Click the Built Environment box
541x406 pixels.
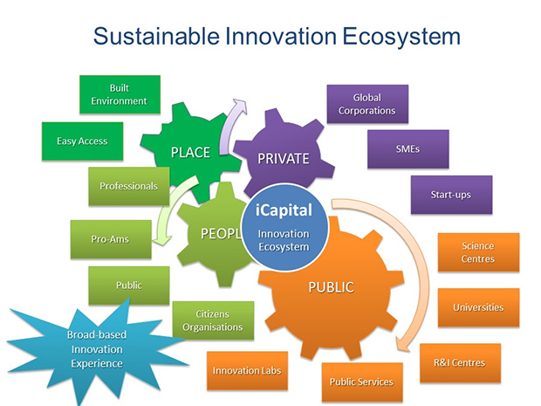tap(120, 94)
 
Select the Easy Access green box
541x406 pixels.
tap(82, 141)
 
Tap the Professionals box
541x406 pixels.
tap(128, 187)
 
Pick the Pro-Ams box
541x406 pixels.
tap(111, 239)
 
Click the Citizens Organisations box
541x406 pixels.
tap(213, 320)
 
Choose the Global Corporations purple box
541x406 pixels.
tap(367, 104)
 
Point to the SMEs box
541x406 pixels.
tap(408, 149)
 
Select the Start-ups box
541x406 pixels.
tap(451, 195)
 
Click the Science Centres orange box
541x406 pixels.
tap(478, 252)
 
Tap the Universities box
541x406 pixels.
tap(478, 307)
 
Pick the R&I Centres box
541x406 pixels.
tap(460, 363)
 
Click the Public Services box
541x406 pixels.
tap(362, 382)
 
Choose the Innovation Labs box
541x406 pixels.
tap(247, 371)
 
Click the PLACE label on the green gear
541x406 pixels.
tap(190, 153)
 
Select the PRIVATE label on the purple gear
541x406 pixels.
tap(284, 159)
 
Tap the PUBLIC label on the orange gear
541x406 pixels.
tap(332, 287)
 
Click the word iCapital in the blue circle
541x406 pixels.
tap(284, 210)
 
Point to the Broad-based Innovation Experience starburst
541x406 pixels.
tap(97, 349)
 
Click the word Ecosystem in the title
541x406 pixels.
tap(401, 37)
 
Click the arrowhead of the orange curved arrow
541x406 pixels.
tap(402, 344)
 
